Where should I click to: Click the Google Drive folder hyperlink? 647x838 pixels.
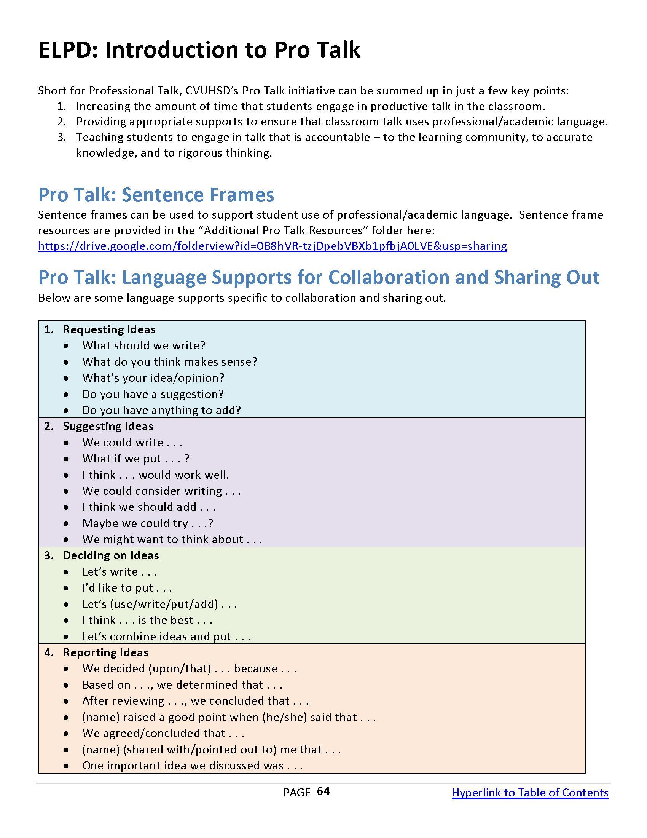pyautogui.click(x=272, y=246)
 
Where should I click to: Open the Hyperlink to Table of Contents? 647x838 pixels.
pyautogui.click(x=530, y=793)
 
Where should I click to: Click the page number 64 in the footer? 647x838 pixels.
pyautogui.click(x=323, y=792)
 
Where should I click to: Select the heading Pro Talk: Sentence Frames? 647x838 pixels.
pyautogui.click(x=156, y=195)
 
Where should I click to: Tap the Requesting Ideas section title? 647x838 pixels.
pyautogui.click(x=109, y=329)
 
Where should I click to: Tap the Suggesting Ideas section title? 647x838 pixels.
pyautogui.click(x=108, y=426)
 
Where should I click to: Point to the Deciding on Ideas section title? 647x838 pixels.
pyautogui.click(x=111, y=555)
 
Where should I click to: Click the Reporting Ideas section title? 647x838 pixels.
pyautogui.click(x=105, y=652)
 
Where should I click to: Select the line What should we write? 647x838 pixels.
pyautogui.click(x=144, y=345)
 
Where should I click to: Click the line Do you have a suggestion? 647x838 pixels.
pyautogui.click(x=153, y=394)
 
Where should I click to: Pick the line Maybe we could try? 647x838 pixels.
pyautogui.click(x=148, y=523)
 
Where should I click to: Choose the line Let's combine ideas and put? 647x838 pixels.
pyautogui.click(x=166, y=636)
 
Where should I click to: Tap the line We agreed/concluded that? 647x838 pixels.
pyautogui.click(x=163, y=733)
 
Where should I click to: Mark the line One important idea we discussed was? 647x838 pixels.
pyautogui.click(x=193, y=766)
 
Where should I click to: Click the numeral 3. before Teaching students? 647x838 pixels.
pyautogui.click(x=62, y=138)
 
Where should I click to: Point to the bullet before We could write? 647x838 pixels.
pyautogui.click(x=67, y=443)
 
